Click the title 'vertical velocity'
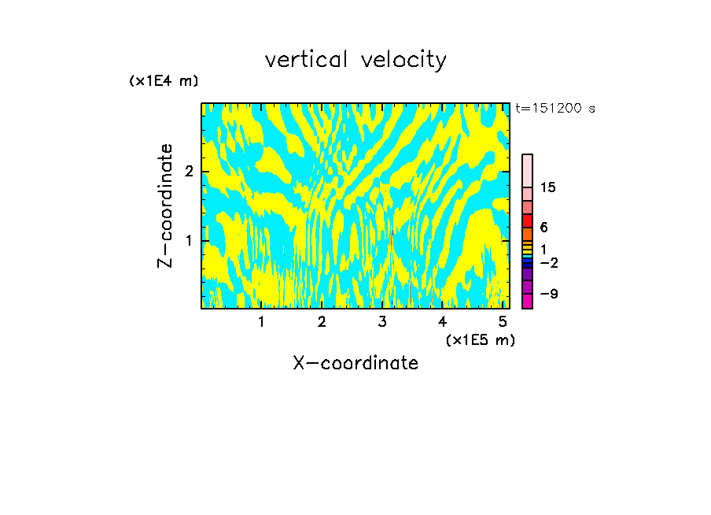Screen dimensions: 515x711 (355, 60)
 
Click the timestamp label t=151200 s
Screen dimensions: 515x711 (555, 109)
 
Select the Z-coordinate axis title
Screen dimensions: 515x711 (165, 206)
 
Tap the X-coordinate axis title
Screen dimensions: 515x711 (355, 363)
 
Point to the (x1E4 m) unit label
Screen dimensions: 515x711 (164, 81)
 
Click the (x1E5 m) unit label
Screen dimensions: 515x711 (480, 339)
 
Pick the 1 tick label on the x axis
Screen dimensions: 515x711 (261, 321)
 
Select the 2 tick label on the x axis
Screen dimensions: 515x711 (322, 321)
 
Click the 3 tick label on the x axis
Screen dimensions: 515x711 (382, 321)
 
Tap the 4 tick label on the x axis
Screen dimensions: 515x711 (443, 321)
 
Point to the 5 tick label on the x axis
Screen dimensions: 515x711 (503, 321)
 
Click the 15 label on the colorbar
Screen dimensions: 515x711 (548, 187)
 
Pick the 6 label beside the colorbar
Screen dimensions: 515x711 (543, 227)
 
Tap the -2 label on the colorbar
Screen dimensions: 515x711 (547, 262)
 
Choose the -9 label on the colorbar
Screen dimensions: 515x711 (547, 294)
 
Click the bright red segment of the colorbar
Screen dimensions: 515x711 (527, 220)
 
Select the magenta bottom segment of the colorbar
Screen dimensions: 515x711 (527, 301)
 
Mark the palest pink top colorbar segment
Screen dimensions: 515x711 (527, 170)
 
